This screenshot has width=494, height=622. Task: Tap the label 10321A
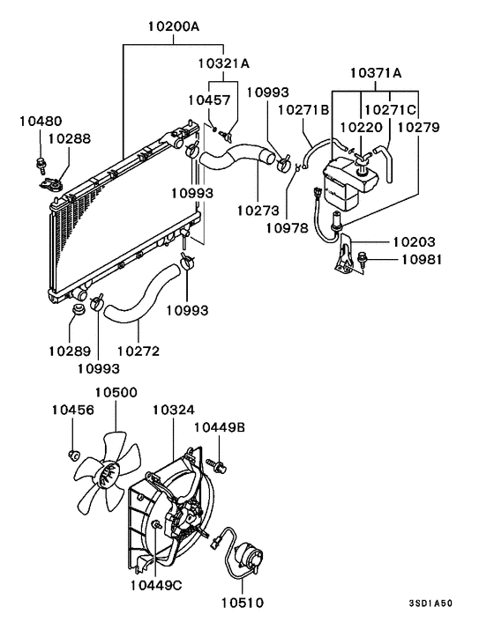pos(223,63)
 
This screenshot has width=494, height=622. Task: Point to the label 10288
pos(69,138)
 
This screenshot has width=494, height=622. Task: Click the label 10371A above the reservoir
pos(377,71)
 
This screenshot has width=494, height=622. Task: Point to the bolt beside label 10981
pos(364,258)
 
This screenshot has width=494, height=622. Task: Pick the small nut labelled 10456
pos(75,455)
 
